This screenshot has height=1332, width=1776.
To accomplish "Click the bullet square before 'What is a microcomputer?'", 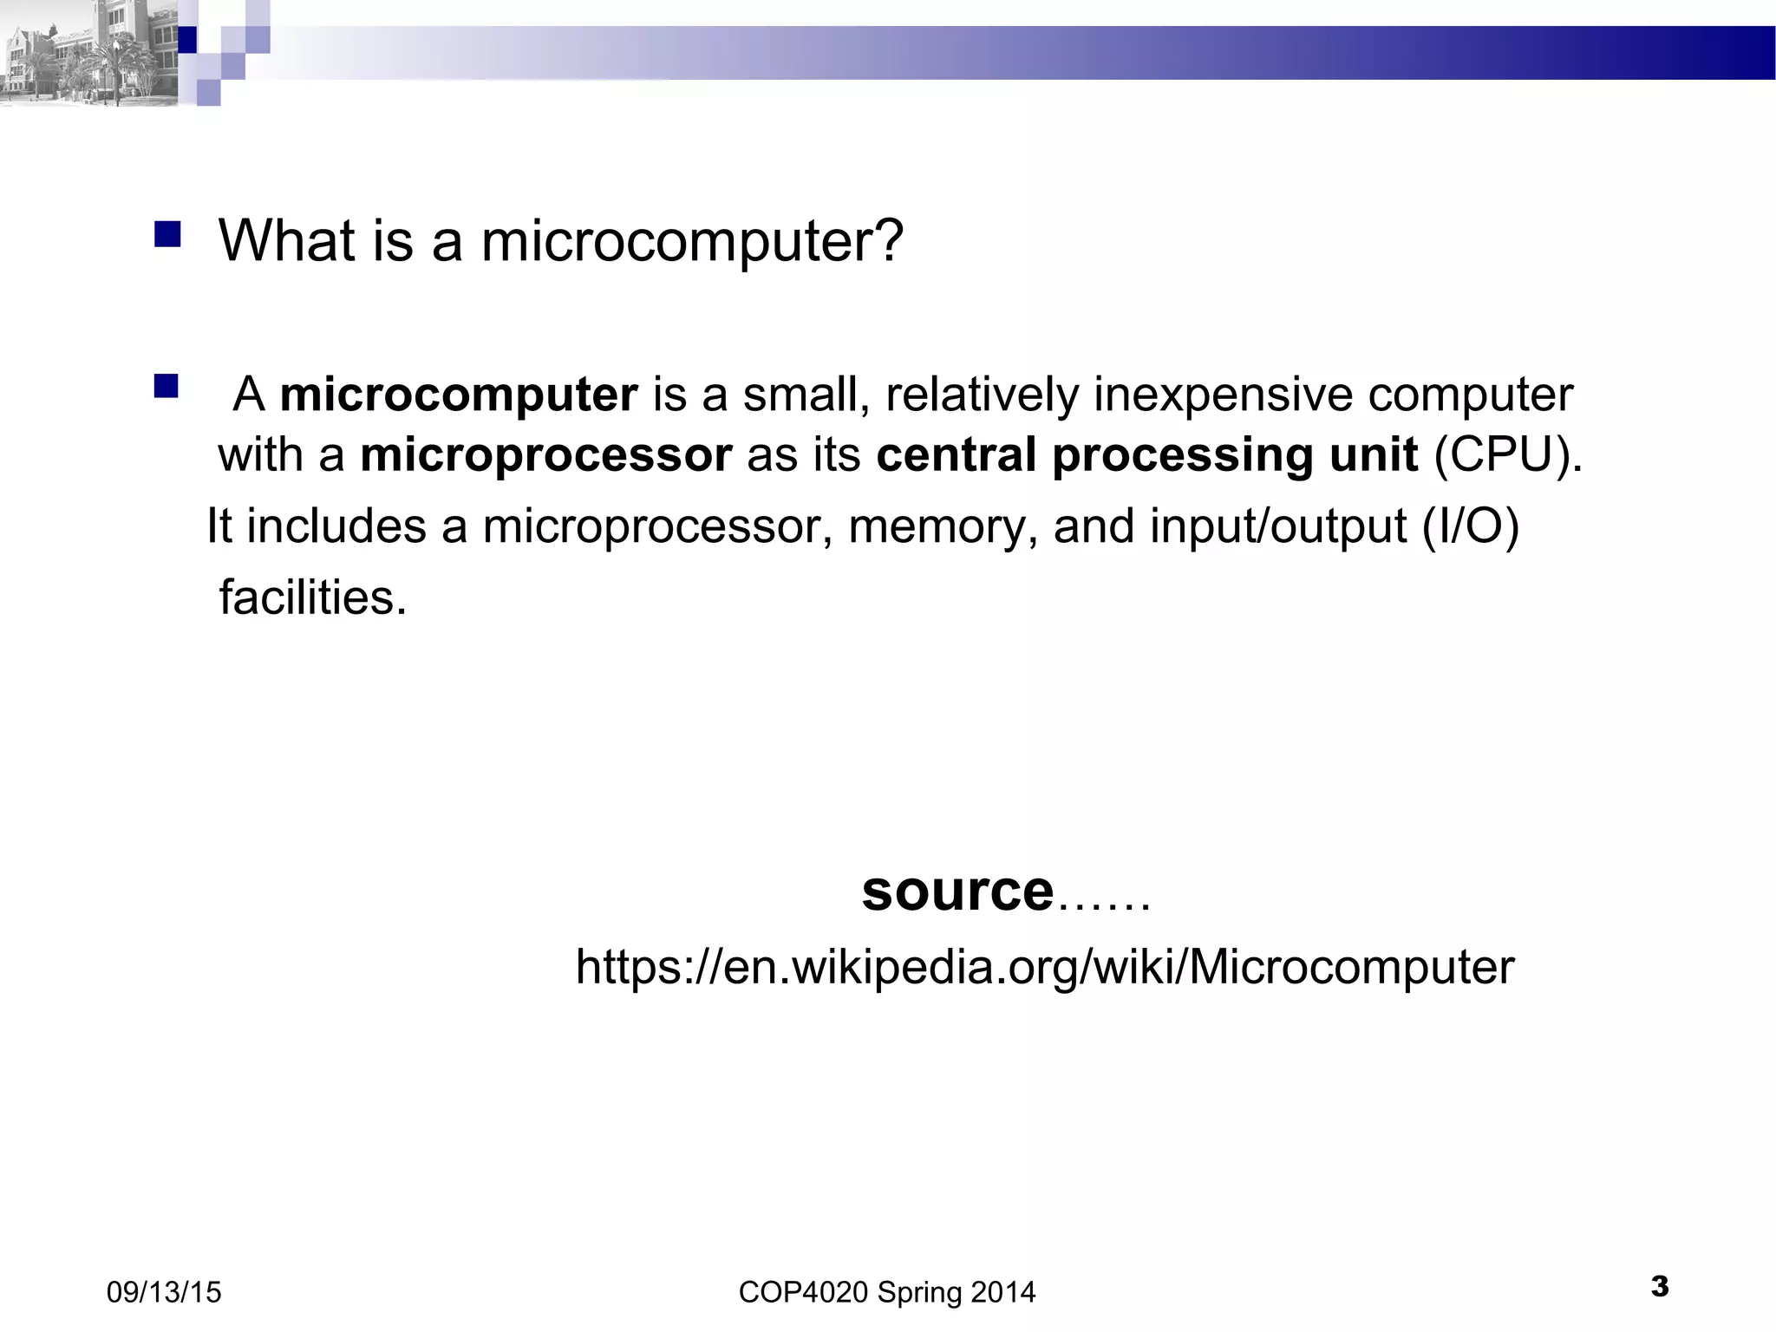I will pos(167,234).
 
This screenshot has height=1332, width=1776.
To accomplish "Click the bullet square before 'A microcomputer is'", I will pos(166,386).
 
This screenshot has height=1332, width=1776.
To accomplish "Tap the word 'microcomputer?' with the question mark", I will pos(692,242).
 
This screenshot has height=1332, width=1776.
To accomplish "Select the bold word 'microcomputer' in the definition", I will pos(459,395).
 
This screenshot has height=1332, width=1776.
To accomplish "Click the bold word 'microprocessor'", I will pos(546,455).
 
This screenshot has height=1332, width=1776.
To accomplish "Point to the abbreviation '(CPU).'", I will pos(1508,455).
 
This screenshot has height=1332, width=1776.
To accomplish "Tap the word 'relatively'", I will pos(981,395).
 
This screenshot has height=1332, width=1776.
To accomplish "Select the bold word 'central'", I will pos(956,455).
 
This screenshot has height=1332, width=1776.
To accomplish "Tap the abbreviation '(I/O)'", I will pos(1471,527).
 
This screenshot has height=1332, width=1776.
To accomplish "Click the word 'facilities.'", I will pos(312,597).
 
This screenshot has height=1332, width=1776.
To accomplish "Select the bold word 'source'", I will pos(957,891).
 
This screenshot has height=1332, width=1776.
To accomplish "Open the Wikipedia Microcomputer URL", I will pos(1044,967).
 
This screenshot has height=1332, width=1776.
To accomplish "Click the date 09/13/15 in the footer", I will pos(164,1292).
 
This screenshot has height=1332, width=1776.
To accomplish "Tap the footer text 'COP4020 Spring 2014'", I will pos(886,1292).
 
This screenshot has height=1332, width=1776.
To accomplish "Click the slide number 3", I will pos(1660,1286).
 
